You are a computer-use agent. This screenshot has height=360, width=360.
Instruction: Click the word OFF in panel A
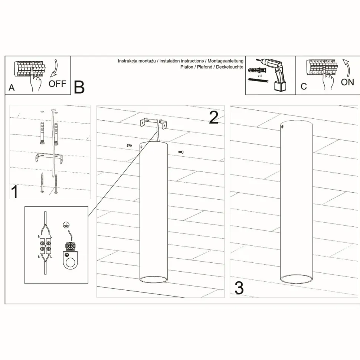pos(57,84)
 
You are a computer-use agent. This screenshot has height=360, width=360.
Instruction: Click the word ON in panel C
pos(347,82)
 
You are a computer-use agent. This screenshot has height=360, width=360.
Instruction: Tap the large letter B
pos(79,87)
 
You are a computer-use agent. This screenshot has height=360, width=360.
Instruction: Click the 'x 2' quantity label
pos(260,76)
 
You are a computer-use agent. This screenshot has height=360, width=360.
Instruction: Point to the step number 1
pos(14,192)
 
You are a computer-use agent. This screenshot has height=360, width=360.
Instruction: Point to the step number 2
pos(213,118)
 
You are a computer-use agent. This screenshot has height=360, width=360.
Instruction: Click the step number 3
pos(239,288)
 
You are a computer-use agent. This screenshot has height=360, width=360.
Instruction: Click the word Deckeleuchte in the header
pos(230,67)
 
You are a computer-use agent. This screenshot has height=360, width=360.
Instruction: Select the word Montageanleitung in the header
pos(225,61)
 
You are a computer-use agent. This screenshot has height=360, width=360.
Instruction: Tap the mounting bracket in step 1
pos(49,158)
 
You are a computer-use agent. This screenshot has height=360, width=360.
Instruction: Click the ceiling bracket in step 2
pos(154,124)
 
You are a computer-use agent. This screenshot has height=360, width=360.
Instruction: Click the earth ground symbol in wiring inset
pos(66,225)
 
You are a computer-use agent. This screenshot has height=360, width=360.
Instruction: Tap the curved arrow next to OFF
pos(55,68)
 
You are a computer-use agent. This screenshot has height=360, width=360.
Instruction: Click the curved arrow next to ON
pos(347,68)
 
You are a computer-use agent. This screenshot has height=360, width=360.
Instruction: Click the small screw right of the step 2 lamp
pos(181,152)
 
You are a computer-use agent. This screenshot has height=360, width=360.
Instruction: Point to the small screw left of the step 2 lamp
pos(129,145)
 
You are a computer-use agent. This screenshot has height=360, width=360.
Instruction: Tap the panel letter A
pos(12,88)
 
